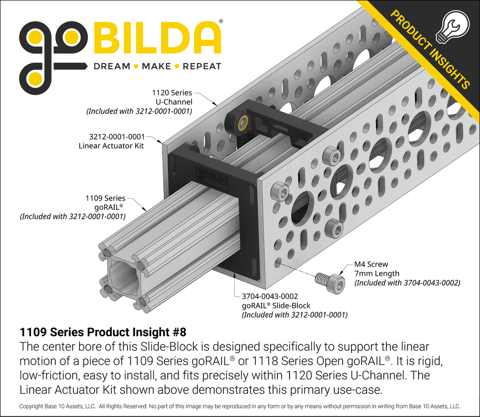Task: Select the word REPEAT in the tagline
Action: (202, 66)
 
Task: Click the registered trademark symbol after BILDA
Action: (221, 21)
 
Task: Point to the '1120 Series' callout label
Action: (172, 93)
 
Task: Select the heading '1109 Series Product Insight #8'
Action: (103, 332)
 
